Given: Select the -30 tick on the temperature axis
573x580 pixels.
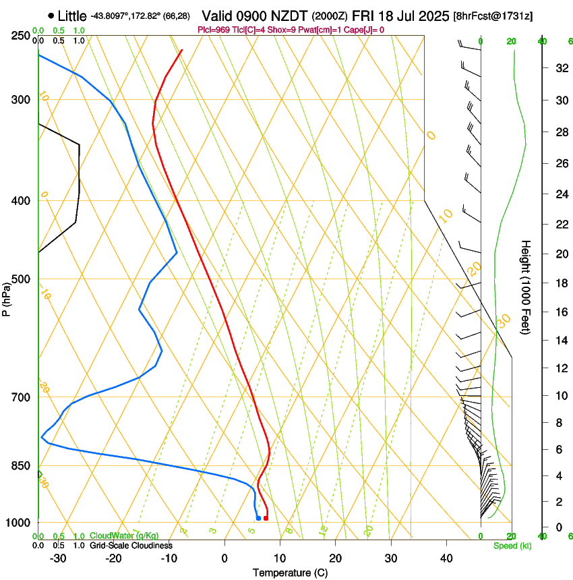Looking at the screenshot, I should pyautogui.click(x=58, y=558).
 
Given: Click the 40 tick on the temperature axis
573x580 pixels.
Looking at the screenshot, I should pyautogui.click(x=446, y=558).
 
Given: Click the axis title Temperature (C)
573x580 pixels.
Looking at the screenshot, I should pyautogui.click(x=290, y=573).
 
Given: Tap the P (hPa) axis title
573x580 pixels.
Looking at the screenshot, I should pyautogui.click(x=7, y=297).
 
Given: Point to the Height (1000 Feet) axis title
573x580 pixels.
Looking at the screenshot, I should pyautogui.click(x=526, y=287).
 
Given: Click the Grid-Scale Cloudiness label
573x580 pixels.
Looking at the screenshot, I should pyautogui.click(x=130, y=545).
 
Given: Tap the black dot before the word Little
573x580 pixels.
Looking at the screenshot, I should pyautogui.click(x=51, y=16).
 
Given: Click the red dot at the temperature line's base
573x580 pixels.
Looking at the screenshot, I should pyautogui.click(x=266, y=518).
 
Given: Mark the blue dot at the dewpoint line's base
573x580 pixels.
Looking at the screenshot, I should pyautogui.click(x=258, y=518).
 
